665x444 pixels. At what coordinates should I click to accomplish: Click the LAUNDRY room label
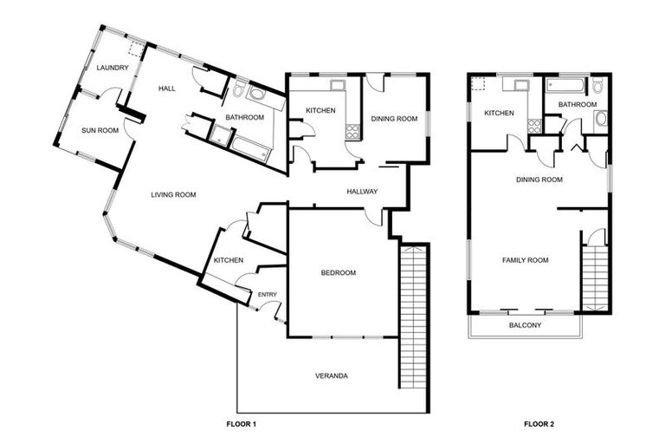tap(113, 68)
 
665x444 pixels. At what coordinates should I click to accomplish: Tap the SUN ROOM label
tap(100, 130)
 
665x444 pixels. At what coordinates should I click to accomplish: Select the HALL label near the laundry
tap(167, 88)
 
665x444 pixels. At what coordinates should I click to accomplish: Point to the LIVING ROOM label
tap(173, 194)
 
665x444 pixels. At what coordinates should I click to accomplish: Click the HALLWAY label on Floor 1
tap(361, 191)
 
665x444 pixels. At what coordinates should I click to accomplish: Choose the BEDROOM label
tap(338, 272)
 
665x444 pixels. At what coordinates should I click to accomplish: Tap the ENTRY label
tap(268, 296)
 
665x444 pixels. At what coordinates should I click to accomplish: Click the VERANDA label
tap(331, 375)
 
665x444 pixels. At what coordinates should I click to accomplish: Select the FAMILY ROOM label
tap(526, 259)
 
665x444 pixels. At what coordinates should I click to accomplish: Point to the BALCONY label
tap(525, 325)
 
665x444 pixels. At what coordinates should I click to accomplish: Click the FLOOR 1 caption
tap(242, 424)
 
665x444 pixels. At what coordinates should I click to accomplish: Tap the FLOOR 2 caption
tap(539, 424)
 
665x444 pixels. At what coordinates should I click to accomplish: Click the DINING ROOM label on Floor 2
tap(539, 180)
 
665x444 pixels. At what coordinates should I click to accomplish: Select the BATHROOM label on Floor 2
tap(577, 105)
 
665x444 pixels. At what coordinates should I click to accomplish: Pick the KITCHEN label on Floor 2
tap(500, 114)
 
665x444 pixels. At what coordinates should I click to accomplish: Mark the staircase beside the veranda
tap(414, 317)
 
